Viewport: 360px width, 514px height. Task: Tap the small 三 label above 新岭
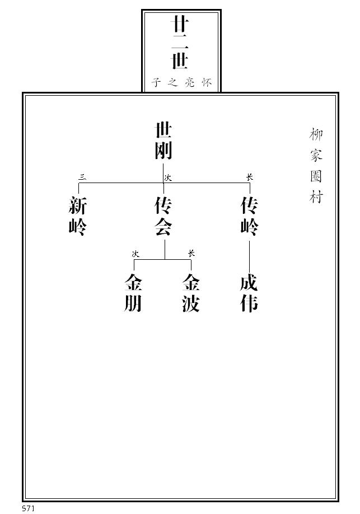[x=82, y=177]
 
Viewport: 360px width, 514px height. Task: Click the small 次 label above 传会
[x=167, y=177]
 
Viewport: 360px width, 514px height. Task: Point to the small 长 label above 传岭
[x=249, y=177]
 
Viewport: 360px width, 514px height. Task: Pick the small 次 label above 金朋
[x=135, y=254]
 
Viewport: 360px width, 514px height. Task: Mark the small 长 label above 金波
[x=191, y=254]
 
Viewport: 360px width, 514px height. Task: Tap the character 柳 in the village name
[x=316, y=134]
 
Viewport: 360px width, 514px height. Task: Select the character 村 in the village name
[x=316, y=197]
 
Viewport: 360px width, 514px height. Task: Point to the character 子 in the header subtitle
[x=156, y=83]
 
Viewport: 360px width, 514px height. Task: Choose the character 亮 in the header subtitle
[x=190, y=83]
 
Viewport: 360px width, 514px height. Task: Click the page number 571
[x=29, y=508]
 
